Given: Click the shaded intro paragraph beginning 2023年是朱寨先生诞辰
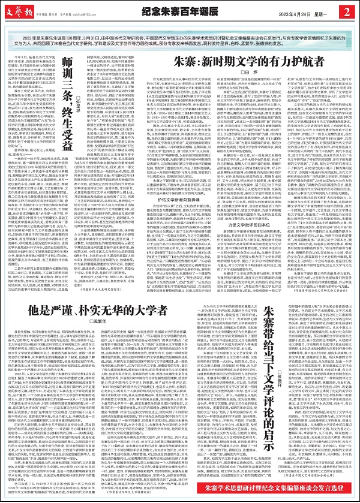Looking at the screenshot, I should click(180, 34).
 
